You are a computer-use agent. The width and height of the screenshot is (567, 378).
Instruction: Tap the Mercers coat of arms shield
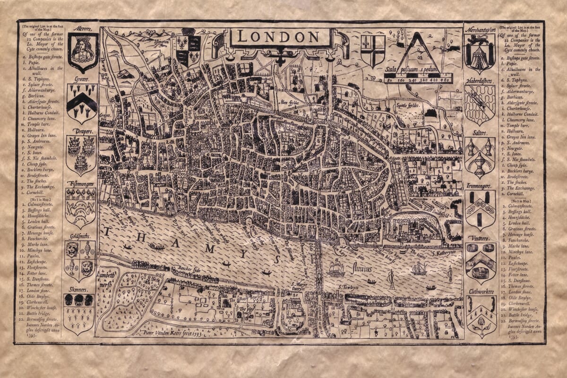(x=83, y=51)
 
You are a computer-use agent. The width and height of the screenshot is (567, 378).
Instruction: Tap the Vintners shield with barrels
(x=480, y=262)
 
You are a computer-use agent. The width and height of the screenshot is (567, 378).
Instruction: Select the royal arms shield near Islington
(x=188, y=49)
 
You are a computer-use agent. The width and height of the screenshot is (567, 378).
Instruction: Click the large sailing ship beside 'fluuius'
(x=336, y=269)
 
